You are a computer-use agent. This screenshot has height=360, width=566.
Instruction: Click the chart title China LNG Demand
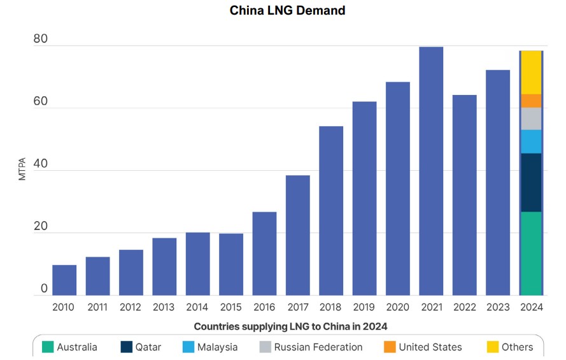click(x=287, y=11)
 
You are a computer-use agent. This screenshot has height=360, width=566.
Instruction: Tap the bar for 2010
click(x=64, y=280)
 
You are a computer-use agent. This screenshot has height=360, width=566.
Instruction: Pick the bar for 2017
click(x=297, y=235)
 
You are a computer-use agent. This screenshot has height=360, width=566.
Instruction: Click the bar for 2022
click(x=464, y=195)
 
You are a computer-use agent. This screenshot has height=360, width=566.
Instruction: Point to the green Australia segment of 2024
click(x=531, y=254)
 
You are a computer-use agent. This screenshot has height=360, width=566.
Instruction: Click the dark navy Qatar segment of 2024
click(x=531, y=182)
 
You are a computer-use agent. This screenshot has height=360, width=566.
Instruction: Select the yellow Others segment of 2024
click(x=531, y=73)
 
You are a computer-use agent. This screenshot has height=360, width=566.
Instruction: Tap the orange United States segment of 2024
click(x=531, y=101)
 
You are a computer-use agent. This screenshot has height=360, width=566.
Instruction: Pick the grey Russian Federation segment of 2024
click(x=531, y=119)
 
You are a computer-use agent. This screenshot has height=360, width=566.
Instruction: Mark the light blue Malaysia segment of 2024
click(x=531, y=141)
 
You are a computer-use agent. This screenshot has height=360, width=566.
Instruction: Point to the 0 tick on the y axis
click(x=44, y=289)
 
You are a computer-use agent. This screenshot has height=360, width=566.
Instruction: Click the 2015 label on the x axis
click(x=230, y=307)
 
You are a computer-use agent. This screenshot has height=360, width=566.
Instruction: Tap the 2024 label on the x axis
click(x=531, y=307)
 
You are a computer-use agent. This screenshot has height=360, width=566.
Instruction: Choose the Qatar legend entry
click(x=141, y=347)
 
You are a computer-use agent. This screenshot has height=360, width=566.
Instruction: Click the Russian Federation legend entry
click(x=310, y=347)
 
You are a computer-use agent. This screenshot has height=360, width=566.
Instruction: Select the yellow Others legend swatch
click(x=493, y=347)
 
